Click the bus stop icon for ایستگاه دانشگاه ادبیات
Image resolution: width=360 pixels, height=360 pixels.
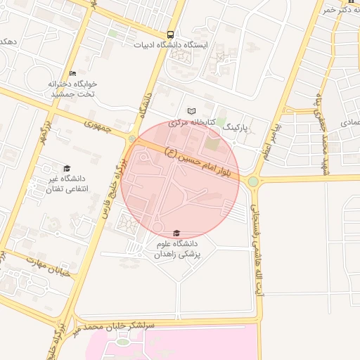tap(171, 34)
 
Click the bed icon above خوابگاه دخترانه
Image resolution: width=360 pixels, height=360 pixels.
tap(72, 73)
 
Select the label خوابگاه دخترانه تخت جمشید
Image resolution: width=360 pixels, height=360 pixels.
tap(72, 89)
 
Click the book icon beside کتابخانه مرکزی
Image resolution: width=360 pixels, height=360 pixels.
tap(192, 111)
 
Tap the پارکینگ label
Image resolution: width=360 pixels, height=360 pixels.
tap(236, 129)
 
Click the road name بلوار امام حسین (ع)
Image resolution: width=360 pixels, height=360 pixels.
tap(200, 159)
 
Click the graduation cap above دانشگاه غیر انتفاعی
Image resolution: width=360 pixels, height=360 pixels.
tap(67, 168)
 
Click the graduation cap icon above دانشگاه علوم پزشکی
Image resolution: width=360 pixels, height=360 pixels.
tap(176, 233)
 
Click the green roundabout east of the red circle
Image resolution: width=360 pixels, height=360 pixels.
tap(252, 181)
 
